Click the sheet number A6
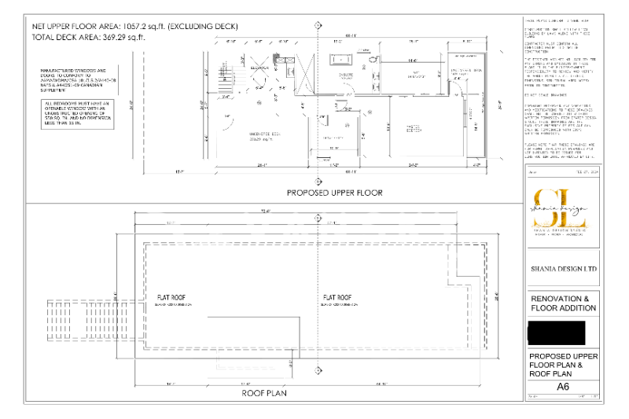[562, 387]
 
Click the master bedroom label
[417, 127]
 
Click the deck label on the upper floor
[245, 134]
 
